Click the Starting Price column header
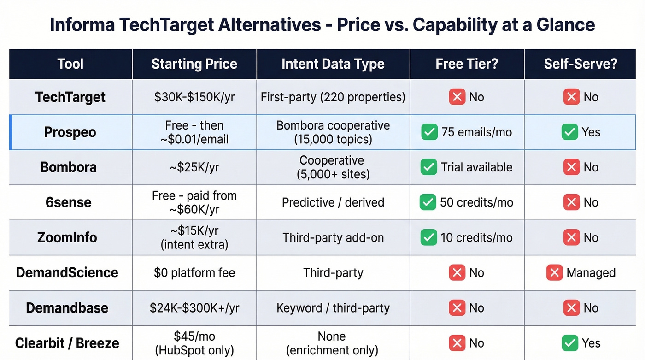[194, 64]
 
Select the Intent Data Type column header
[333, 64]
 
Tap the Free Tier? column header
[467, 64]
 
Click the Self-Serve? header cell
[580, 64]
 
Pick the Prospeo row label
[70, 132]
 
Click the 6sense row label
[68, 202]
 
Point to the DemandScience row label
[67, 272]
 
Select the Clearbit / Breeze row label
[67, 343]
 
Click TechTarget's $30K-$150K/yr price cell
[194, 97]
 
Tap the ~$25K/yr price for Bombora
[194, 167]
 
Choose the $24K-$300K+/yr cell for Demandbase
[194, 308]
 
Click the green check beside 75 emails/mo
[429, 132]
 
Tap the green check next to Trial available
[429, 167]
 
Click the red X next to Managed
[554, 272]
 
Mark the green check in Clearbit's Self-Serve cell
[570, 343]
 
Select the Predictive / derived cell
[333, 202]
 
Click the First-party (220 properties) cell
[333, 97]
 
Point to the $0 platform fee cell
[194, 272]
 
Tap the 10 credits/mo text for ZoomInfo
[476, 237]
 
